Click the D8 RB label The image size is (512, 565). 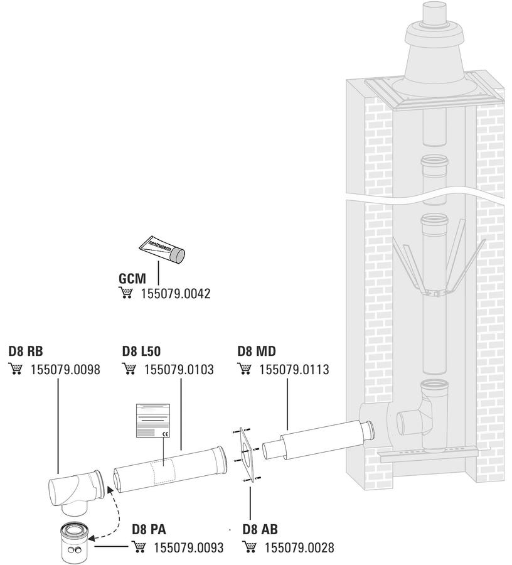click(x=26, y=350)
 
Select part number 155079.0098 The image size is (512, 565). click(x=65, y=369)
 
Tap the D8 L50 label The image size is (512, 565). click(x=141, y=350)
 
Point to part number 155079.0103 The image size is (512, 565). click(x=179, y=369)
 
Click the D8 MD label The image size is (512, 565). click(x=257, y=350)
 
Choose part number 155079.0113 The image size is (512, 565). click(x=294, y=369)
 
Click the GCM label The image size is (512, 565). click(x=132, y=279)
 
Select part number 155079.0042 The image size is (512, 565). click(x=175, y=294)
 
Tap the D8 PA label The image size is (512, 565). click(x=149, y=529)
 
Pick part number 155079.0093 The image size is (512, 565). click(x=189, y=547)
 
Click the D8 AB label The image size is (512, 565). click(x=260, y=529)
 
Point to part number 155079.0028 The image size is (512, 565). click(x=299, y=547)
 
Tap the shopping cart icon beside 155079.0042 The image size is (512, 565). click(x=125, y=294)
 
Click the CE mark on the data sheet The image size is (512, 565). click(x=166, y=434)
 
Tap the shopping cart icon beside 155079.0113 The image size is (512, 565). click(x=245, y=369)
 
